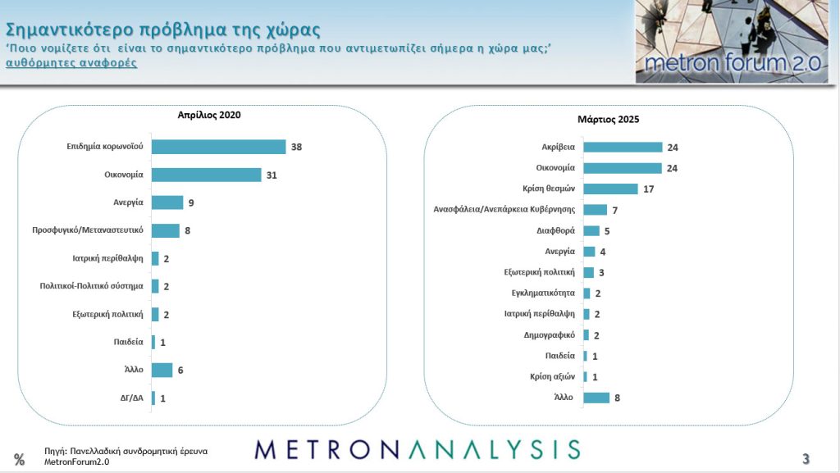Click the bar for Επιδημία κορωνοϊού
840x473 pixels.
(218, 147)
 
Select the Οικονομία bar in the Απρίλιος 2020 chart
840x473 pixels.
(206, 175)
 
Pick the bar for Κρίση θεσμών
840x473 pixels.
(610, 189)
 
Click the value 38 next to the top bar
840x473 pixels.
(297, 147)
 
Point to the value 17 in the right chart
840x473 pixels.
(649, 189)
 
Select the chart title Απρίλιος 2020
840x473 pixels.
(210, 115)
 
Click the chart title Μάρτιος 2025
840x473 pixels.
(614, 119)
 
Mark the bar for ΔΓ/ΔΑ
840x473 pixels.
(153, 398)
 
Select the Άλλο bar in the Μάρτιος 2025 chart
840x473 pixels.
(596, 398)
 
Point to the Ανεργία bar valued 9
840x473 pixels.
(167, 202)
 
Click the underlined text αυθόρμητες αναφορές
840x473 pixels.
(71, 63)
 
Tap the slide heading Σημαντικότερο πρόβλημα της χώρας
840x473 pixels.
(162, 29)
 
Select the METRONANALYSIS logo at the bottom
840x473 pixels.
(417, 449)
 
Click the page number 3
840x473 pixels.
(806, 458)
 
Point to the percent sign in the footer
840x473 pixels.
(19, 459)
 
